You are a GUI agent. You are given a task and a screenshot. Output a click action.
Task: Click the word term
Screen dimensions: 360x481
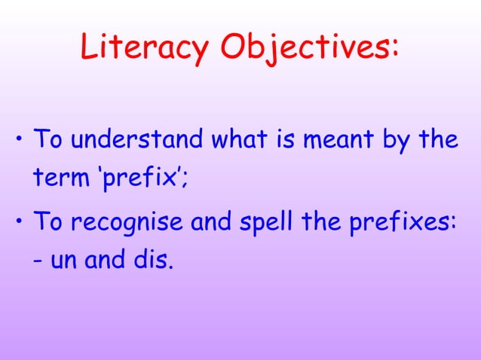coord(59,181)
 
